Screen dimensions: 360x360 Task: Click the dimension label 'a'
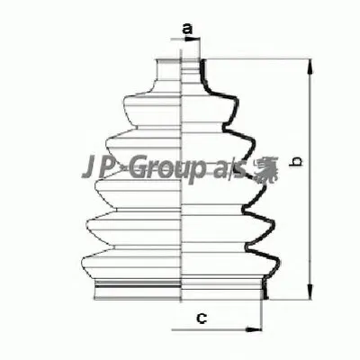(x=187, y=29)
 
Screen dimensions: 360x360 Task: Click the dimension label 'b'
(x=297, y=161)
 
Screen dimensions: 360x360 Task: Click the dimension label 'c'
(x=202, y=318)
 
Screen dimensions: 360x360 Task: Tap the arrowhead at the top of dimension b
(x=310, y=67)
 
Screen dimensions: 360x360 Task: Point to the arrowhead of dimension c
(x=254, y=329)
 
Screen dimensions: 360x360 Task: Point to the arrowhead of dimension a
(x=193, y=39)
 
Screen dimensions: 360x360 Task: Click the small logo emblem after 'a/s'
(x=265, y=170)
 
